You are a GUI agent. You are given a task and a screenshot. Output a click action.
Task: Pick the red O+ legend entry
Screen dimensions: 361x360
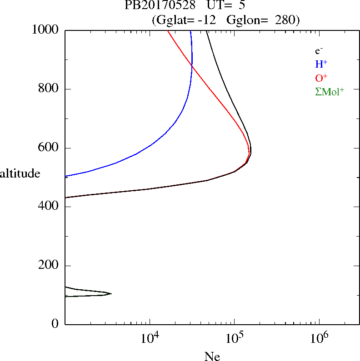(321, 78)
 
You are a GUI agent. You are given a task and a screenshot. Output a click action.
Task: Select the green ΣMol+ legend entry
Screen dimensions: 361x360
(330, 92)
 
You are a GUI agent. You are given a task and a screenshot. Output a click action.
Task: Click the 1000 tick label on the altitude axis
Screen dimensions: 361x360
(45, 30)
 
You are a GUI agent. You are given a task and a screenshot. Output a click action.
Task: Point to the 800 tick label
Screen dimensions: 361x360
(49, 89)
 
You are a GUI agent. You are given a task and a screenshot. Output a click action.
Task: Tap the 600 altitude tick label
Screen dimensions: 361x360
(49, 148)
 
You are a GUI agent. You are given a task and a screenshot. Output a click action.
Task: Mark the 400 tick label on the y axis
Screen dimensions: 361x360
(49, 207)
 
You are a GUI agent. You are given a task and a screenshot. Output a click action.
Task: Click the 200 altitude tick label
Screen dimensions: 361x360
(49, 266)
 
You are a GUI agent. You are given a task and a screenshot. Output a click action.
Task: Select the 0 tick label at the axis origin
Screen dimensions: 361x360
(56, 324)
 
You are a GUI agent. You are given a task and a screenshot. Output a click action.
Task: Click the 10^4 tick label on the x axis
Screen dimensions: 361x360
(150, 338)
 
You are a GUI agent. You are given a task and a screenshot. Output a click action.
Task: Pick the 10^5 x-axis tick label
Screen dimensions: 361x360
(234, 338)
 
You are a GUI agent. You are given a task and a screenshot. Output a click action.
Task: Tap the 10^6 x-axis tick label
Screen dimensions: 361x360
(319, 338)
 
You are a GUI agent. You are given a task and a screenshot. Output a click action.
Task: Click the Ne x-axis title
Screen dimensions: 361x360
(212, 356)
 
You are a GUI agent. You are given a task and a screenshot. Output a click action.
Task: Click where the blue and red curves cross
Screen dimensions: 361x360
(192, 67)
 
